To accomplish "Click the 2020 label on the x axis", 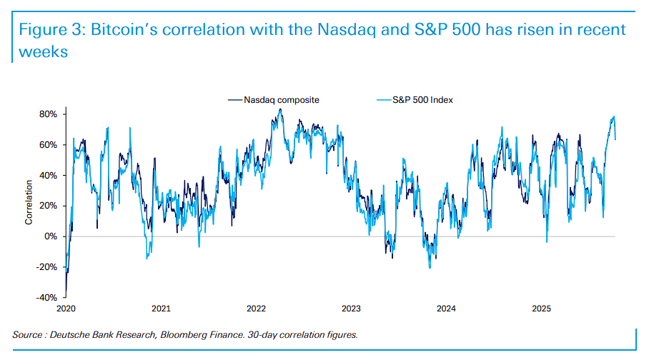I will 66,309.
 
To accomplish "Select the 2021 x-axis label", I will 161,309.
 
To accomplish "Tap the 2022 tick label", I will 256,309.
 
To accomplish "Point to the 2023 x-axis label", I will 351,309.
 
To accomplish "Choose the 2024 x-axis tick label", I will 446,309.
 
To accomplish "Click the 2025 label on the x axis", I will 541,309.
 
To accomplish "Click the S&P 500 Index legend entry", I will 422,100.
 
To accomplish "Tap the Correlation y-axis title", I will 29,206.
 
